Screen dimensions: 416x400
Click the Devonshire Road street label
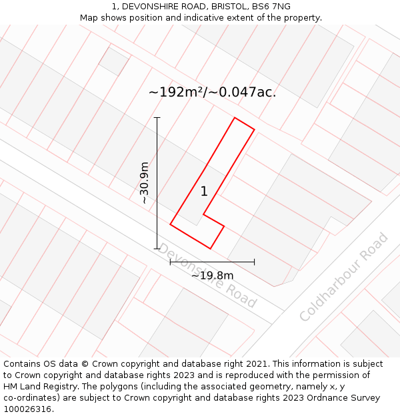pyautogui.click(x=207, y=275)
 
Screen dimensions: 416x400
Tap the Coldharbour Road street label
pyautogui.click(x=343, y=277)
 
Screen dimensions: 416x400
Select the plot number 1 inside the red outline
pyautogui.click(x=204, y=192)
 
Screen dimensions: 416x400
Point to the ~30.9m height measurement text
pyautogui.click(x=145, y=183)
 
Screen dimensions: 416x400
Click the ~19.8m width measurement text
pyautogui.click(x=212, y=276)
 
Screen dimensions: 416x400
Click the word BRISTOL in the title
pyautogui.click(x=227, y=7)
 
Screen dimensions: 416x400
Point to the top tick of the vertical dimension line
pyautogui.click(x=157, y=118)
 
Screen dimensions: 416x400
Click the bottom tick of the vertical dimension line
pyautogui.click(x=157, y=249)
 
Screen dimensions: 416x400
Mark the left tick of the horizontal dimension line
pyautogui.click(x=171, y=262)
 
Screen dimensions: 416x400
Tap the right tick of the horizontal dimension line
pyautogui.click(x=254, y=262)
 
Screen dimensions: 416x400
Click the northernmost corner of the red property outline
pyautogui.click(x=235, y=118)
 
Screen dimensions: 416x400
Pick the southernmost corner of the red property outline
pyautogui.click(x=211, y=249)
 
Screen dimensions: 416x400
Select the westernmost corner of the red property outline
pyautogui.click(x=171, y=224)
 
